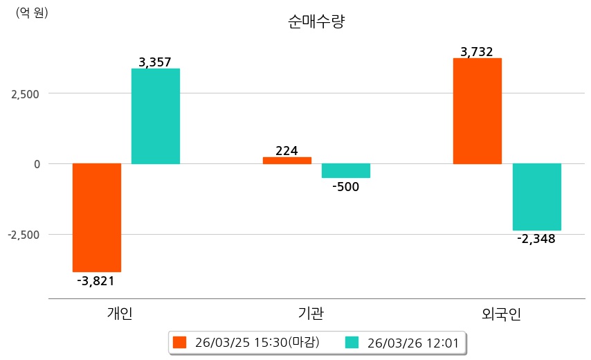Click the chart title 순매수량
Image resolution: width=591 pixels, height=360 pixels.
coord(316,21)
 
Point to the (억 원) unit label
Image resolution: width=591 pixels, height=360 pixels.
coord(32,12)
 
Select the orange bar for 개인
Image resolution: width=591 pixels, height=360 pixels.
coord(97,217)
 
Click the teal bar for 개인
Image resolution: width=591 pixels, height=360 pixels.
coord(156,116)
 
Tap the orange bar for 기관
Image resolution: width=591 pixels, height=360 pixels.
coord(287,161)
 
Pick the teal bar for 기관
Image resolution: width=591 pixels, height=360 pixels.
coord(346,171)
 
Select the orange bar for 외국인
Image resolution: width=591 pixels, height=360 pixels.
coord(478,111)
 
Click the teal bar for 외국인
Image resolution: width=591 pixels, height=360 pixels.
coord(536,197)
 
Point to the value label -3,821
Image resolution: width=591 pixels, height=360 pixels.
coord(96,280)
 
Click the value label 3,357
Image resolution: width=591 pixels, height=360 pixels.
coord(156,62)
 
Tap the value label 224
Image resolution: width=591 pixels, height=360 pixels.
coord(287,150)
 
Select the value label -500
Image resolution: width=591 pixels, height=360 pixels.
coord(346,186)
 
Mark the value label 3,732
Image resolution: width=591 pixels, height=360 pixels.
coord(478,52)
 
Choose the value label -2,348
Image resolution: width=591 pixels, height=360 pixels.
coord(536,239)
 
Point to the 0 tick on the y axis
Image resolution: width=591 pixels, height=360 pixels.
coord(37,164)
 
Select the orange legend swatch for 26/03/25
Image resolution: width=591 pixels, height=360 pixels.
coord(180,342)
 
